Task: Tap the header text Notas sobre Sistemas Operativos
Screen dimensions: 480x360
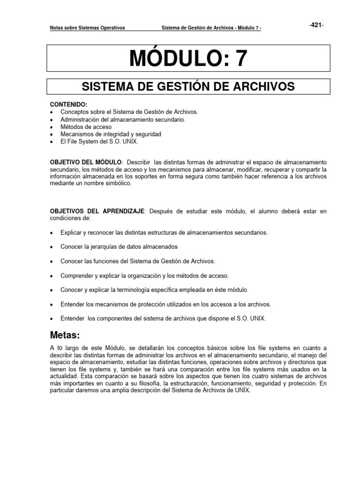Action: (x=87, y=28)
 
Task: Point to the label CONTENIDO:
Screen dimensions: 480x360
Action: (x=69, y=105)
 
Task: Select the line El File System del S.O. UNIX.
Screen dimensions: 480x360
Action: (x=100, y=141)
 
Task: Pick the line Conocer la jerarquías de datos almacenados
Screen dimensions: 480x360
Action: (x=119, y=247)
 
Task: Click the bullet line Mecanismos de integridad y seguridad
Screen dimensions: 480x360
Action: (x=111, y=134)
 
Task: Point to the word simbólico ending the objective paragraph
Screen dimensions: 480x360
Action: (x=119, y=183)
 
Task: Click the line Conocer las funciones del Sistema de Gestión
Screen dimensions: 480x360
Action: (x=138, y=261)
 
